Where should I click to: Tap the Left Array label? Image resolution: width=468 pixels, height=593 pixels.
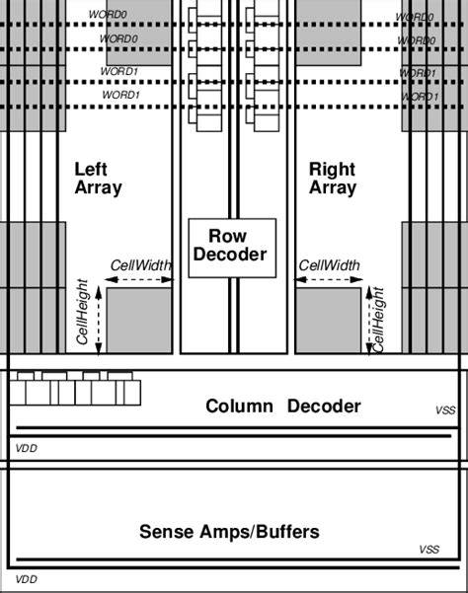[98, 178]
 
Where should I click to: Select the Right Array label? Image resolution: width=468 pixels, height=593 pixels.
[332, 178]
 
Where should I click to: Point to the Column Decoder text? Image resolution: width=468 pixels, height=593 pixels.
[282, 406]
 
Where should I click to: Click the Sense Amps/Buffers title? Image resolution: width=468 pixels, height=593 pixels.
[229, 532]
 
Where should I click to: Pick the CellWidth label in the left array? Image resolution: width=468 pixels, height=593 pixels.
[140, 265]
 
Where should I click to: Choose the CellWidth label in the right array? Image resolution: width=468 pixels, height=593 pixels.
[329, 265]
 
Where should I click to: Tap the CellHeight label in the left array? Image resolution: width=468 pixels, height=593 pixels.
[84, 311]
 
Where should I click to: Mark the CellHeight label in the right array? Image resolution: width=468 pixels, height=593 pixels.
[378, 318]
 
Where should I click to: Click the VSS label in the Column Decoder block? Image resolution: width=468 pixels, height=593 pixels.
[444, 410]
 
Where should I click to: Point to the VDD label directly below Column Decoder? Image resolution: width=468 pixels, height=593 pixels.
[25, 447]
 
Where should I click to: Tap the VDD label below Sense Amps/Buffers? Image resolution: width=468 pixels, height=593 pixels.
[25, 580]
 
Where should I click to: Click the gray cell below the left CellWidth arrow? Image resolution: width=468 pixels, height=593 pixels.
[139, 320]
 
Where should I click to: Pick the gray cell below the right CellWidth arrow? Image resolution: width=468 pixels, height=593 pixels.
[328, 320]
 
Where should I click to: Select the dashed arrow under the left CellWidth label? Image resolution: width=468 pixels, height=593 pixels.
[139, 280]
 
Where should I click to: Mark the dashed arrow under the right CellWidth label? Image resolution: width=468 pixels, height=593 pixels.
[329, 280]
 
